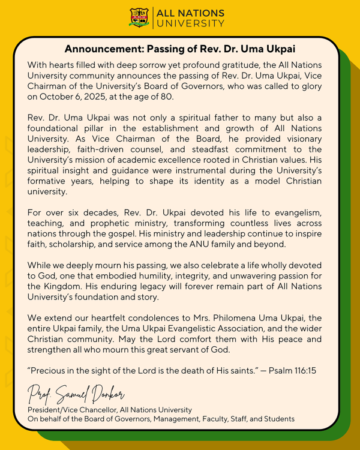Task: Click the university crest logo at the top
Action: [x=140, y=17]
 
